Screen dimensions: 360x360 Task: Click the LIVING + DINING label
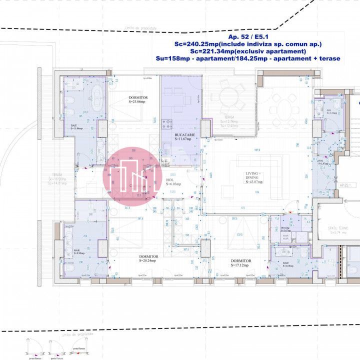tap(253, 176)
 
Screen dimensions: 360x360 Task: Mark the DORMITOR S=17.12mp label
tap(241, 263)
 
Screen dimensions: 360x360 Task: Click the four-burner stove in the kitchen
tap(167, 122)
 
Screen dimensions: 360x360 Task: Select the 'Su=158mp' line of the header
tap(247, 58)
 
